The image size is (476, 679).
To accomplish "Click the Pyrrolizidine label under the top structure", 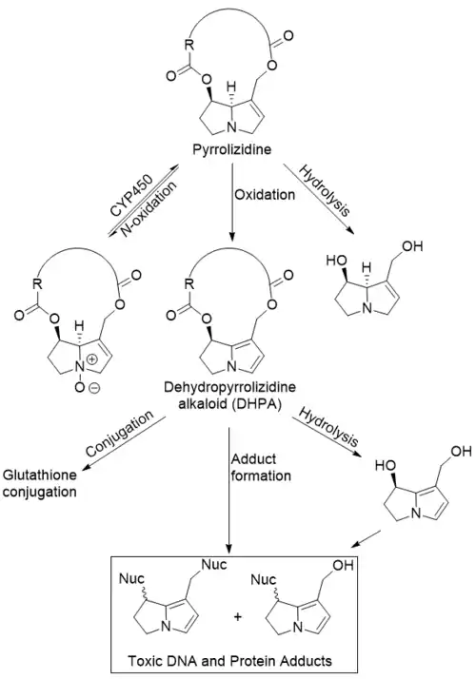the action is click(232, 149).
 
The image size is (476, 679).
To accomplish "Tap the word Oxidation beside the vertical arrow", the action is click(265, 194).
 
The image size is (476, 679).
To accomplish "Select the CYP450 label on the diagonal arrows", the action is click(131, 196).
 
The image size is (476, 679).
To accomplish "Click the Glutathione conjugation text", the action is click(40, 483).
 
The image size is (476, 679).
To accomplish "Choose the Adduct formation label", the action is click(261, 467).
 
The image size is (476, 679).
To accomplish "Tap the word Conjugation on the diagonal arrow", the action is click(120, 434).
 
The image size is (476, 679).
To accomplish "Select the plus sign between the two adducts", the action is click(238, 616).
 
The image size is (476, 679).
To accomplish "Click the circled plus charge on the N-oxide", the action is click(92, 359).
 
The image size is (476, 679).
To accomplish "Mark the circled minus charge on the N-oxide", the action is click(94, 388).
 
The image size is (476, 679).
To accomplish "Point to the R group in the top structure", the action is click(189, 44).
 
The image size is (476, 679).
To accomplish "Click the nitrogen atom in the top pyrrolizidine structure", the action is click(232, 127).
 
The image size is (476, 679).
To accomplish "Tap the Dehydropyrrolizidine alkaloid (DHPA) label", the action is click(230, 395).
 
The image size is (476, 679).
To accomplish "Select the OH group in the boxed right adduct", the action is click(343, 565).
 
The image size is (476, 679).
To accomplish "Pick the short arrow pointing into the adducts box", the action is click(367, 538).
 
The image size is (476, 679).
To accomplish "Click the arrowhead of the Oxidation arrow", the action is click(232, 236).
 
